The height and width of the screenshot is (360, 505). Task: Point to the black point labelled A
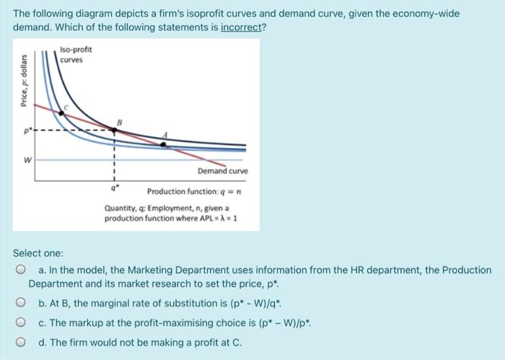(163, 144)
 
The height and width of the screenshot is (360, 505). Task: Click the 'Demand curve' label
(224, 171)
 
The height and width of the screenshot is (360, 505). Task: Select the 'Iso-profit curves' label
(73, 55)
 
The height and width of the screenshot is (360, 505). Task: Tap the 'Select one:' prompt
(38, 253)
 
